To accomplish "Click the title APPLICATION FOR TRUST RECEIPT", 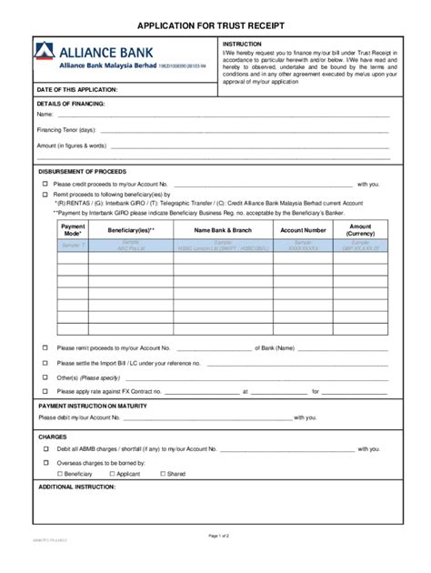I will [x=215, y=26].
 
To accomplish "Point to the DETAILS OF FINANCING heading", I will [x=72, y=105].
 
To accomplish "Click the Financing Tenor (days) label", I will [x=65, y=130].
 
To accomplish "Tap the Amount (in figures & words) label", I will [x=72, y=146].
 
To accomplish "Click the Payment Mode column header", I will [x=72, y=230].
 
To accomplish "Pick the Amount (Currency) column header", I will [x=361, y=230].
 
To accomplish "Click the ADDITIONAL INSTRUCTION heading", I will [x=79, y=488].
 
